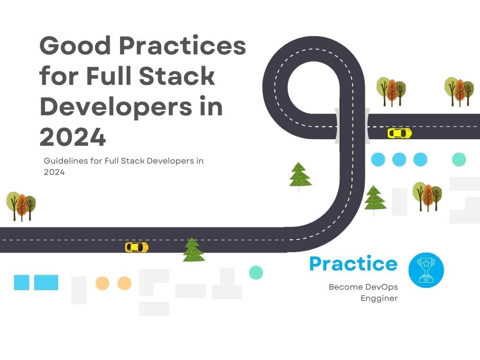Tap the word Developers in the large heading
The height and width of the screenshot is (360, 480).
[115, 107]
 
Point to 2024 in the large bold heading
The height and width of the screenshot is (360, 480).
[73, 137]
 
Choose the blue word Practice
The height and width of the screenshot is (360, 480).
[353, 264]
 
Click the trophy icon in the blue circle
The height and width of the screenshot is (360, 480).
[426, 270]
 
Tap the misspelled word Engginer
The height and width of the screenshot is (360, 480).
[379, 298]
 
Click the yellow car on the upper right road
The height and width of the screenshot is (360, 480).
[399, 133]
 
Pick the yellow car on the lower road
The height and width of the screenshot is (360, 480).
[136, 247]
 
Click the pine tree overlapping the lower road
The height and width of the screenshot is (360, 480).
[193, 251]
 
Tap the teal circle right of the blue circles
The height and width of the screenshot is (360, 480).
[459, 159]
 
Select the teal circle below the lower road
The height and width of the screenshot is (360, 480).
[256, 272]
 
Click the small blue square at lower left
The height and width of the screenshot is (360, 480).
[22, 283]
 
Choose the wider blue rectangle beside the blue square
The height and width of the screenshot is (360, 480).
[46, 283]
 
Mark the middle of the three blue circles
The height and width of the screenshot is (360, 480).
[399, 159]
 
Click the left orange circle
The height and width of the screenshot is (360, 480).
[102, 283]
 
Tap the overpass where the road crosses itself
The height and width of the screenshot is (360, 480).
[352, 125]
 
